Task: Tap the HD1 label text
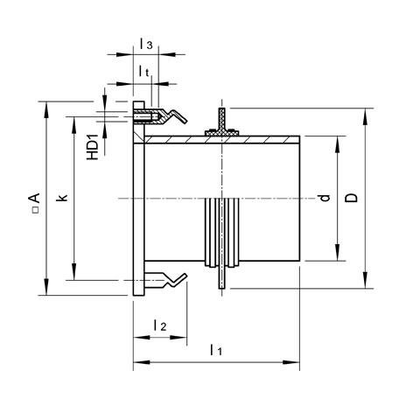tap(92, 143)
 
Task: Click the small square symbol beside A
tap(32, 211)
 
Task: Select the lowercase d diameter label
tap(325, 199)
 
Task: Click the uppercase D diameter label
tap(351, 199)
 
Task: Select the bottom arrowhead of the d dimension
tap(337, 257)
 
